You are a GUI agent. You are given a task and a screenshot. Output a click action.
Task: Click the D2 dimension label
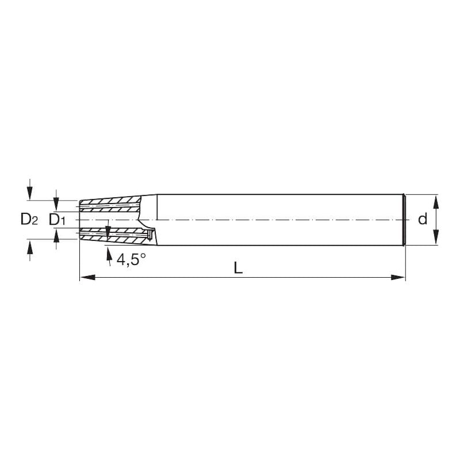29,219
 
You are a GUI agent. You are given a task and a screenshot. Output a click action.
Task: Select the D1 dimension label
57,220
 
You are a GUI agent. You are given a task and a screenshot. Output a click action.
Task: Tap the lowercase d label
423,219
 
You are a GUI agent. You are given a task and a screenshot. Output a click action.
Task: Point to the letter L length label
238,267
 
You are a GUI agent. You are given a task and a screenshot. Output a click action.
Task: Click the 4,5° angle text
131,259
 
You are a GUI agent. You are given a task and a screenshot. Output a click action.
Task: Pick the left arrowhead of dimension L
87,277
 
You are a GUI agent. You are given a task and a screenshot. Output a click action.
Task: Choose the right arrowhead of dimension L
398,277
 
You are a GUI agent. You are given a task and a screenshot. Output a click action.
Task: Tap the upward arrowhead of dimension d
436,202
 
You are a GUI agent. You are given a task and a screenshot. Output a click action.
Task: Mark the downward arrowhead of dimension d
436,237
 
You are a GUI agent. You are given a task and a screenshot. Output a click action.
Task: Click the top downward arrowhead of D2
30,193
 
